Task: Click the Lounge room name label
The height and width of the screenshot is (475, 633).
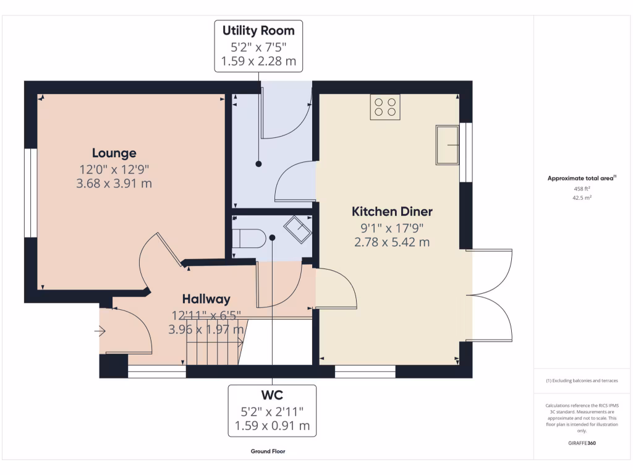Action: point(114,153)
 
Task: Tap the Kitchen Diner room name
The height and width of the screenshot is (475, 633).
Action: point(392,212)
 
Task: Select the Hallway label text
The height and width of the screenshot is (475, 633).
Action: point(206,299)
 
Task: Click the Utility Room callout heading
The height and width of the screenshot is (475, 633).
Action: point(258,30)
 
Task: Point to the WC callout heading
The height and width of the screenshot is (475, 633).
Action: point(271,394)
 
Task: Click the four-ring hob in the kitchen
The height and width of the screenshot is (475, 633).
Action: point(385,107)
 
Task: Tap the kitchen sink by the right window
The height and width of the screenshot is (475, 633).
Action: point(447,145)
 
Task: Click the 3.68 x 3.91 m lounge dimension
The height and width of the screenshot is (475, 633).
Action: point(114,183)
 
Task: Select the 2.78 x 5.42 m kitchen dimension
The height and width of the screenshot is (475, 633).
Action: point(392,242)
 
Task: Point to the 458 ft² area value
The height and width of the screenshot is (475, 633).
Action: point(582,189)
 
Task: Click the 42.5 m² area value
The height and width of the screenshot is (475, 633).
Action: point(582,198)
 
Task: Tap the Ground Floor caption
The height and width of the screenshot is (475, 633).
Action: point(268,451)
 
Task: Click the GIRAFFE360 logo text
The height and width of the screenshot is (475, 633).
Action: point(582,443)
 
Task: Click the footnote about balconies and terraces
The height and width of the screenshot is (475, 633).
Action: point(582,380)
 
